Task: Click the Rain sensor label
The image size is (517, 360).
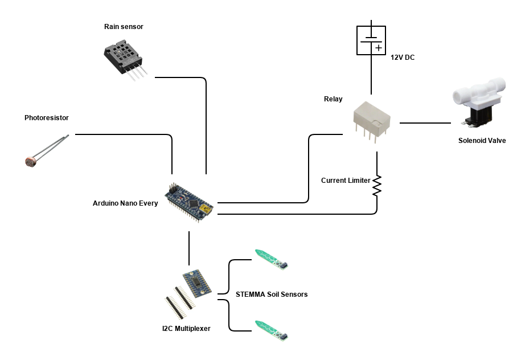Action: pos(124,27)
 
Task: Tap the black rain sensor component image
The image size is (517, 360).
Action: pos(122,57)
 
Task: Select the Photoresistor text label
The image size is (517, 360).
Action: pos(46,118)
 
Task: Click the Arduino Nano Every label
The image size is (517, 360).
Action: pos(125,203)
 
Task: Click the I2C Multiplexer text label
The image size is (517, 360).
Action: pos(186,328)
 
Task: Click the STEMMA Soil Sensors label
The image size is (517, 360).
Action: pos(272,294)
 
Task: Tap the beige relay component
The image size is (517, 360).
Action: pos(371,120)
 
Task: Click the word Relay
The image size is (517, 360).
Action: pos(333,99)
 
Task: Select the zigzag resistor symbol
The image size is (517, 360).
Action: pos(376,185)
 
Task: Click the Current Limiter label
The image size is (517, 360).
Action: pos(345,181)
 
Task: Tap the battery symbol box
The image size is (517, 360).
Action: pos(371,40)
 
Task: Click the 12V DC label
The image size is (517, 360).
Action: pos(402,58)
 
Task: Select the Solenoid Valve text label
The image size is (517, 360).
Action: pos(482,141)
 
